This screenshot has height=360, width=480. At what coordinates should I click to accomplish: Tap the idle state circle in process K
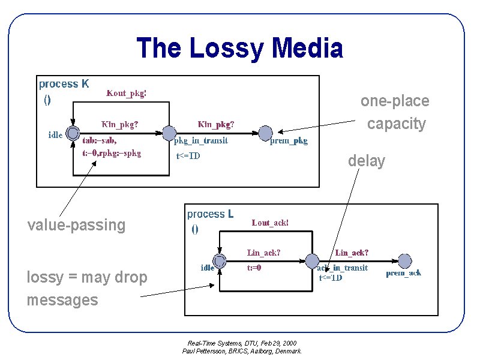(x=73, y=133)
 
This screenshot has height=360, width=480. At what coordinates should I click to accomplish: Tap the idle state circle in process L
(x=220, y=261)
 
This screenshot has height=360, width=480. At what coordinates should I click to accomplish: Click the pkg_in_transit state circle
(x=169, y=133)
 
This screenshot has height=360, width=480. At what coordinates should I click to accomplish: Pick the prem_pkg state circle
(x=265, y=133)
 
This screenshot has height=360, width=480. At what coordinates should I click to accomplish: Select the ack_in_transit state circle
(x=312, y=261)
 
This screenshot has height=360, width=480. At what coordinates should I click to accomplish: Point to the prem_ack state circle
(x=405, y=261)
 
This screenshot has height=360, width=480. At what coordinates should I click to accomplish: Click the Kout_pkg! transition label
(x=127, y=93)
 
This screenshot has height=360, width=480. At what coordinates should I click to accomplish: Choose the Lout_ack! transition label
(x=270, y=223)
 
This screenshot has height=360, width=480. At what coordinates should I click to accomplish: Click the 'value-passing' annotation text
(x=77, y=225)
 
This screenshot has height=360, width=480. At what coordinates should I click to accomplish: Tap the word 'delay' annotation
(x=367, y=161)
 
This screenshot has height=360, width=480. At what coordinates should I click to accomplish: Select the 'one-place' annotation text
(x=395, y=101)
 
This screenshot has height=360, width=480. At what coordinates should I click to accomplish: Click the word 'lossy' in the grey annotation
(x=45, y=278)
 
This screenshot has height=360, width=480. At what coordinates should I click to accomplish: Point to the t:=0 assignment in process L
(x=254, y=268)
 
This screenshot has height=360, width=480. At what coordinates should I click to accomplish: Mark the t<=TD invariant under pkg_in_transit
(x=188, y=156)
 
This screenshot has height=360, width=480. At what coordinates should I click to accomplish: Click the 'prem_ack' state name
(x=403, y=273)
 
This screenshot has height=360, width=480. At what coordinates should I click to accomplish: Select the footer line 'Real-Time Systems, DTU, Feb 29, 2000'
(x=242, y=343)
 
